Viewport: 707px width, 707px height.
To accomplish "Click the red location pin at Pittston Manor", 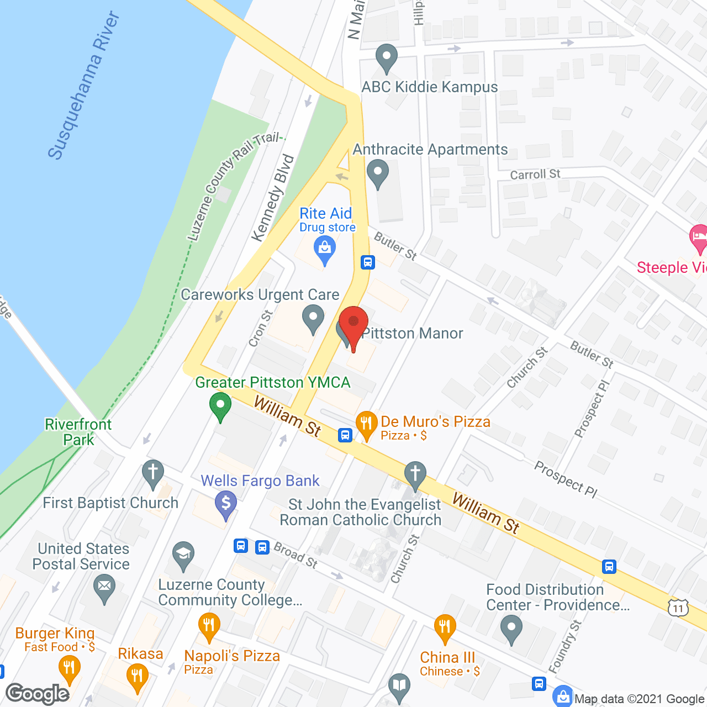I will (353, 325).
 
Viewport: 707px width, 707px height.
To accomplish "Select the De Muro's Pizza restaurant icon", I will (366, 424).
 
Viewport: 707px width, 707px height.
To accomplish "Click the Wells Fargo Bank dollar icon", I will (225, 504).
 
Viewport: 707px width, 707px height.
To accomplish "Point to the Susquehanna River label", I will (83, 86).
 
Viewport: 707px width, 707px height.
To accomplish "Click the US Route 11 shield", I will (678, 608).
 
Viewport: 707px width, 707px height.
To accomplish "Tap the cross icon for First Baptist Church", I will (153, 473).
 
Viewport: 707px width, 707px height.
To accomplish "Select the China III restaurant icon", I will (445, 628).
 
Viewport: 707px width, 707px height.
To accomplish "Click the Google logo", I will (38, 694).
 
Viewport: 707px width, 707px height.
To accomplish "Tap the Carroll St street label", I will (535, 175).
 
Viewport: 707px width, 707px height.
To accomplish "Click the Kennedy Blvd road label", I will (272, 198).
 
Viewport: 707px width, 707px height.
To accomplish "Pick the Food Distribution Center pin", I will (511, 629).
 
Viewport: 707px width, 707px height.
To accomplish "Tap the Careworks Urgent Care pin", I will (313, 319).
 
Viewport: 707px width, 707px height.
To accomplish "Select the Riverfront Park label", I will (78, 432).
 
